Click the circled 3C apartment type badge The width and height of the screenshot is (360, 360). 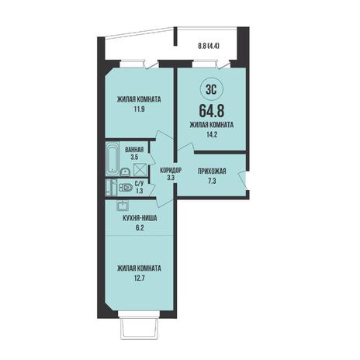[212, 90]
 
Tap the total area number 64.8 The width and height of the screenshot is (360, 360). [212, 110]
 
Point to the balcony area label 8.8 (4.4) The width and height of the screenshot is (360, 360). [209, 47]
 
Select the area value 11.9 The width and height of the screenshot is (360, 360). [139, 109]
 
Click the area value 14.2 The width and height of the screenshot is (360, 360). [212, 134]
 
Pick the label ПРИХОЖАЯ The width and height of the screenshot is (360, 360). [212, 171]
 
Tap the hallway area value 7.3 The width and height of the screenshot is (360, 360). [212, 181]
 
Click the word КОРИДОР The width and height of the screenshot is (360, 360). [171, 171]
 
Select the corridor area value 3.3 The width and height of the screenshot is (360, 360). [171, 178]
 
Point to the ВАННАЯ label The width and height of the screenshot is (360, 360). [134, 150]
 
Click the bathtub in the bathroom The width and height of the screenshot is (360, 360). [112, 158]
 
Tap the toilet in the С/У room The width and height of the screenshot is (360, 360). [126, 187]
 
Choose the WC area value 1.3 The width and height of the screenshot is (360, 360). [140, 191]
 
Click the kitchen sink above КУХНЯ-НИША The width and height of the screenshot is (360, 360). [123, 206]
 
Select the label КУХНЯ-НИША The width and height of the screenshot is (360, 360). [140, 219]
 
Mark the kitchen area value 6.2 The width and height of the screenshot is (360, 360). [140, 228]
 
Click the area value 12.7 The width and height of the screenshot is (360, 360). [139, 279]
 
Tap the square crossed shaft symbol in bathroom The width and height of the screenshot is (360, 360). [140, 169]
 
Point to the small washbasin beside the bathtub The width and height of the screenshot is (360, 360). [125, 172]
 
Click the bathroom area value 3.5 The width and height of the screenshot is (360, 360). [134, 157]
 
